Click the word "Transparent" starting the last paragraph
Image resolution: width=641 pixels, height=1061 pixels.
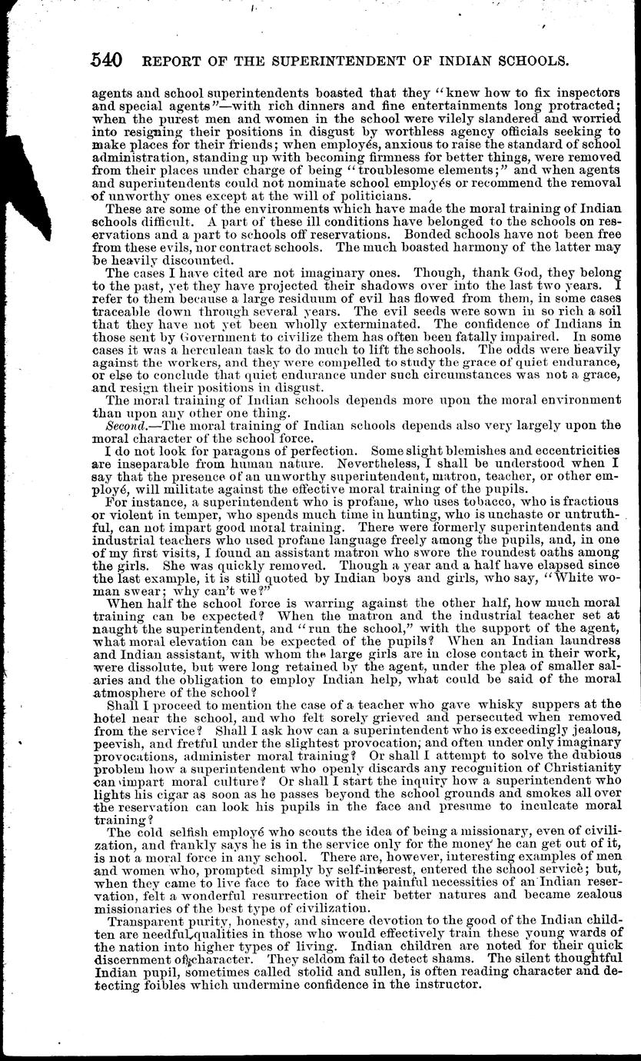pyautogui.click(x=145, y=921)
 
